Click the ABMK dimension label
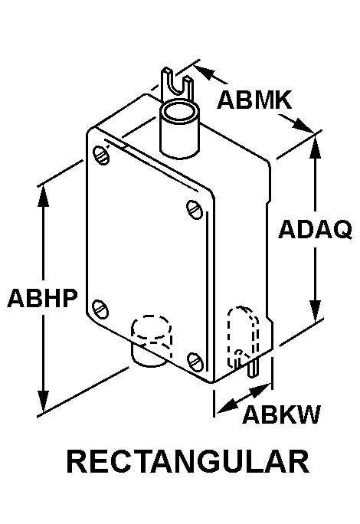254,100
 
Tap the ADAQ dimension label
316,230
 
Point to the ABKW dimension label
281,414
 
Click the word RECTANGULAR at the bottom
188,461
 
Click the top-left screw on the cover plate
100,156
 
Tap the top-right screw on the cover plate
195,210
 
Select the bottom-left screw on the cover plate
100,309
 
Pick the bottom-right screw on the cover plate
195,362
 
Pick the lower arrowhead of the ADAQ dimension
316,311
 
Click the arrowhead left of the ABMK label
205,73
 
